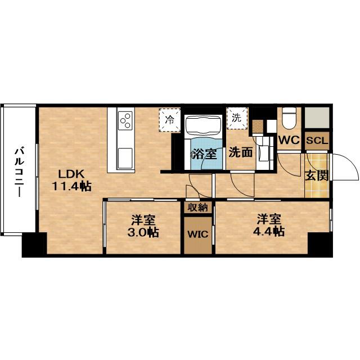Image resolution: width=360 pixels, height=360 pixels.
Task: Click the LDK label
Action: click(x=71, y=174)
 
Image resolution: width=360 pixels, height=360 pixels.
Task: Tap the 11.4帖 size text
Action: click(x=71, y=186)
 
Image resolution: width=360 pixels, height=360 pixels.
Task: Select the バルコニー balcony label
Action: click(x=20, y=172)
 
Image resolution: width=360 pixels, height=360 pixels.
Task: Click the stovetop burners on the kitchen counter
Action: click(x=125, y=120)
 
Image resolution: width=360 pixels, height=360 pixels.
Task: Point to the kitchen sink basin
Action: click(x=125, y=158)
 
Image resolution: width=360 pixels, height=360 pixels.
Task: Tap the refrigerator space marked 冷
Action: click(x=170, y=120)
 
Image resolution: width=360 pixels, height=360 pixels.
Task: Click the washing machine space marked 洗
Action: click(x=237, y=118)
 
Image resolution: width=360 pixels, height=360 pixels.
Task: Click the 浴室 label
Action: click(x=204, y=154)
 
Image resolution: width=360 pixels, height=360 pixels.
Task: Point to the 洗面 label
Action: click(x=241, y=152)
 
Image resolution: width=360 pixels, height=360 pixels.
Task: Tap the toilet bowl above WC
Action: click(x=289, y=119)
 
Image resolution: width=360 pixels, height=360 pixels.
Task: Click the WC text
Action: click(x=289, y=140)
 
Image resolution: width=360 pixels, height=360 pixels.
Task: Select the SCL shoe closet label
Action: click(x=317, y=141)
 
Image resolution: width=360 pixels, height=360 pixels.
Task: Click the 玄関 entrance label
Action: click(x=317, y=175)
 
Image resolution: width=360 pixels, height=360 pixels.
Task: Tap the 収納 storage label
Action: click(x=197, y=208)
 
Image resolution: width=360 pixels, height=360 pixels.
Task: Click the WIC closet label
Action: click(x=197, y=234)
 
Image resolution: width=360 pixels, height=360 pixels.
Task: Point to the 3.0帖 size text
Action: click(x=143, y=232)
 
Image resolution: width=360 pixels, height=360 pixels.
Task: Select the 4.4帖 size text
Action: click(x=269, y=232)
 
